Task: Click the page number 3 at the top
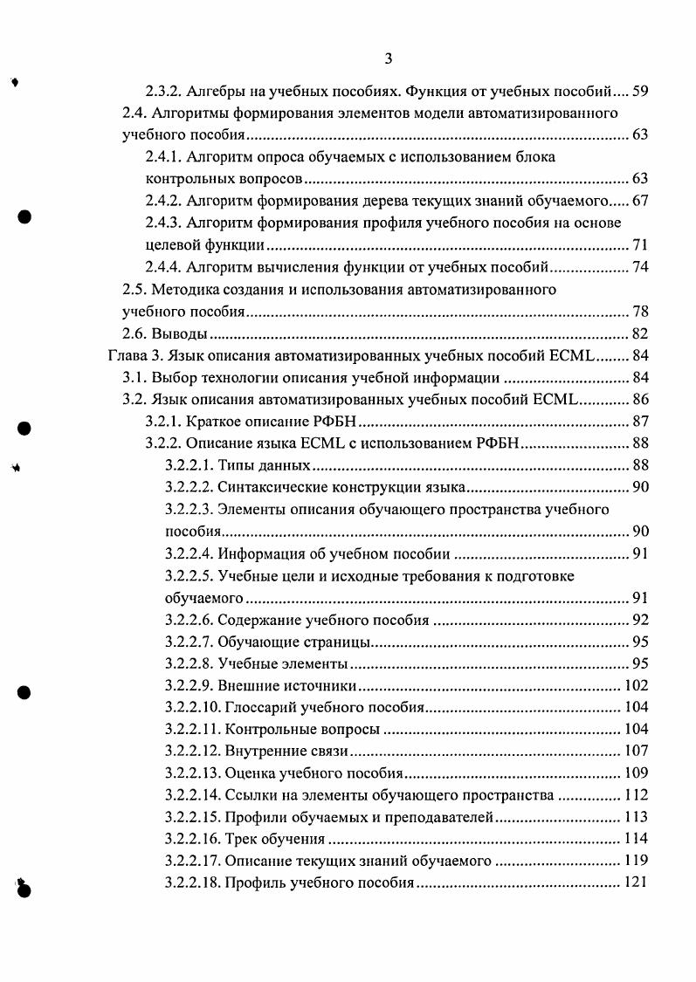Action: [x=389, y=58]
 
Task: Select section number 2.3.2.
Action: [x=162, y=90]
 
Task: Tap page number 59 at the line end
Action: [x=638, y=90]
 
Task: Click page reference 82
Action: [x=638, y=333]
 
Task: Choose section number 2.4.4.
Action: [x=162, y=266]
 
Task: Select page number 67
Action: [x=638, y=201]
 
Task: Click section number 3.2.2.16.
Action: [x=192, y=840]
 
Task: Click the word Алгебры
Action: [x=213, y=90]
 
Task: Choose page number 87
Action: [x=638, y=422]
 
